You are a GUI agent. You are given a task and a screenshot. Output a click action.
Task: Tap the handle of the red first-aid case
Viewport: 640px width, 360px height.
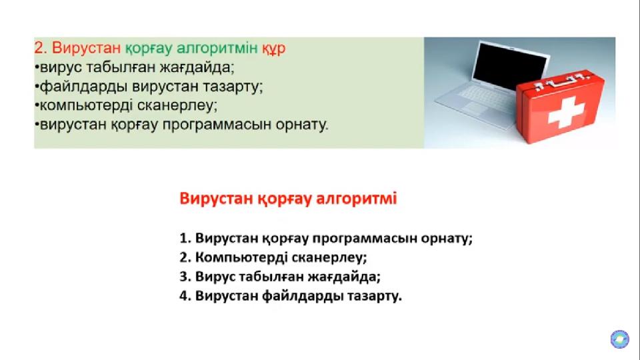(561, 81)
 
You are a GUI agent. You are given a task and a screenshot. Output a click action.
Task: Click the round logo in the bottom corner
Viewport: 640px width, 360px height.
(619, 339)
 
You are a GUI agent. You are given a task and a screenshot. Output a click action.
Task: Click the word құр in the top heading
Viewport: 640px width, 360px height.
(273, 49)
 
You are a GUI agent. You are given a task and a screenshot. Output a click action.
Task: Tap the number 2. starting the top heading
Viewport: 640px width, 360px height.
(41, 48)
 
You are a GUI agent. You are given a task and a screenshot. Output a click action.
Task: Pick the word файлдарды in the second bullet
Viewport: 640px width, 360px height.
(84, 87)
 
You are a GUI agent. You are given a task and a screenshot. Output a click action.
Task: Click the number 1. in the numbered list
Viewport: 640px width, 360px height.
(185, 238)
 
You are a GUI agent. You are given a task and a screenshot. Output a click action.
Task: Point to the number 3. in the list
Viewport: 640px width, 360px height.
(185, 277)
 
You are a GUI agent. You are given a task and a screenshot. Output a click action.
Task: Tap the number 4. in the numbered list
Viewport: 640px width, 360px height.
(185, 296)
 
